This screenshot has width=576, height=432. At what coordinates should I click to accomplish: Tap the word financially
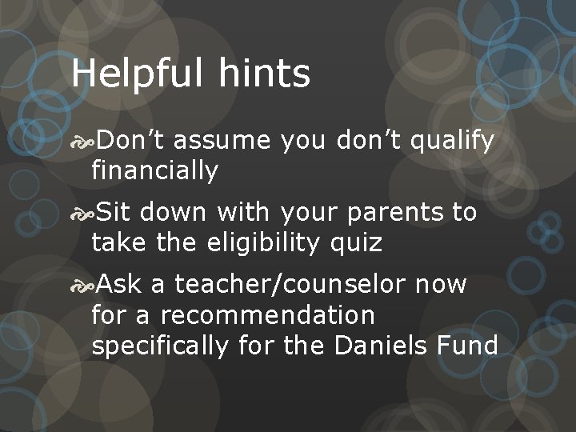coord(154,170)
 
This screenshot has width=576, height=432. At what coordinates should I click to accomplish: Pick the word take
coord(118,242)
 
